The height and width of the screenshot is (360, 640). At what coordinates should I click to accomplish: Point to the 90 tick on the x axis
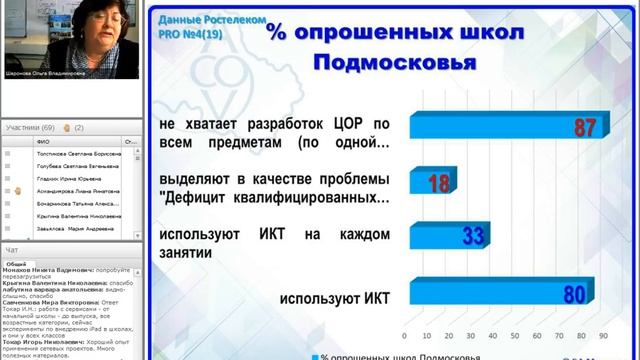tap(603, 335)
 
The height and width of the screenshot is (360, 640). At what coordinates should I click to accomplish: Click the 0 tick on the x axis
tap(403, 335)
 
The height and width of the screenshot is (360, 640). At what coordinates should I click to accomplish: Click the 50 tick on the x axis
tap(514, 335)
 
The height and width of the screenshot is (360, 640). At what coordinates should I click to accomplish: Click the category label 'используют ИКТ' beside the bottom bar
tap(333, 298)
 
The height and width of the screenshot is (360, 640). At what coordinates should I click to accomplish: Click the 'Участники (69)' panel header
tap(30, 128)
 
